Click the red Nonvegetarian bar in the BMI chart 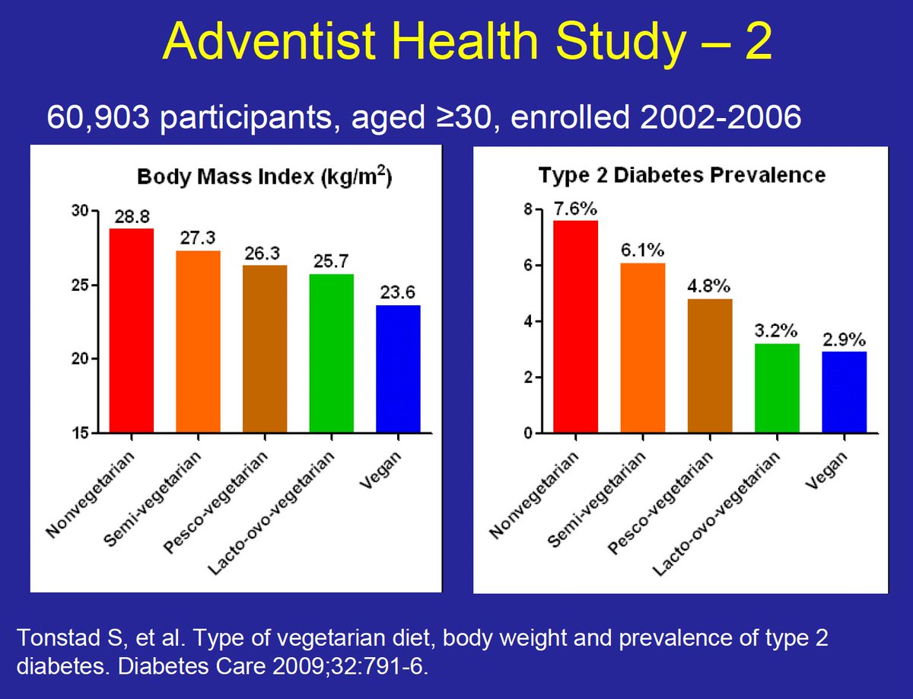[x=131, y=331]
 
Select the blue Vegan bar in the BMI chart [x=398, y=369]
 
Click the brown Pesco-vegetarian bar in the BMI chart [x=265, y=349]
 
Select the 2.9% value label [x=845, y=340]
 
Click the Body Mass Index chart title [x=264, y=177]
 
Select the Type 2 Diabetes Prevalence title [x=682, y=174]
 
